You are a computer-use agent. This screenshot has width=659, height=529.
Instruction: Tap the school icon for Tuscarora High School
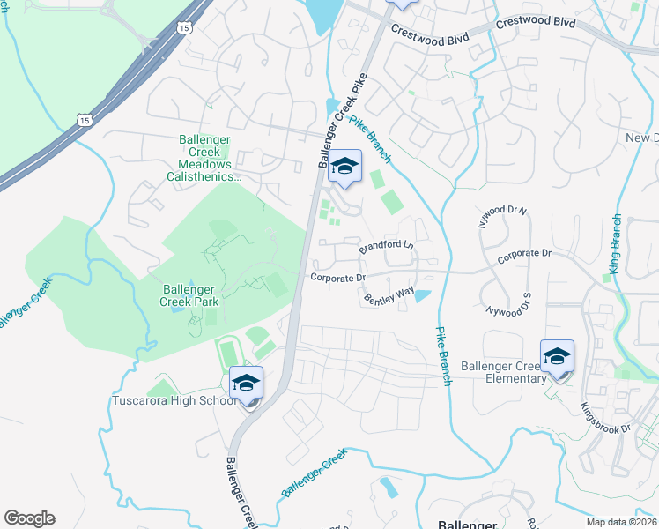coord(247,383)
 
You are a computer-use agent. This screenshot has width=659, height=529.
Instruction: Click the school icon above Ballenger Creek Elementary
coord(557,355)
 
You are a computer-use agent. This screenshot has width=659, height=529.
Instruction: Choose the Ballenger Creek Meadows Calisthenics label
coord(204,158)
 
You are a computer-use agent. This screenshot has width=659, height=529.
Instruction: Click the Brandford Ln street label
coord(386,246)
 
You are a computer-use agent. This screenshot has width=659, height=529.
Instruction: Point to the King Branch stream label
coord(617,244)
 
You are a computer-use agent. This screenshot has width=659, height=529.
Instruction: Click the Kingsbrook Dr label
coord(606,417)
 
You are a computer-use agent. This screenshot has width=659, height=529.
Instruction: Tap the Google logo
coord(29,518)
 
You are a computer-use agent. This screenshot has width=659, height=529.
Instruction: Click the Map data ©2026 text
coord(621,522)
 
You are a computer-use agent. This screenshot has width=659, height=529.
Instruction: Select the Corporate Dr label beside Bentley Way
coord(337,278)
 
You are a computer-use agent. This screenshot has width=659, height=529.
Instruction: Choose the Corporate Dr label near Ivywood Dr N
coord(523,253)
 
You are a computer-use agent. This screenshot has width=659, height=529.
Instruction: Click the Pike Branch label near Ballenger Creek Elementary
coord(443,356)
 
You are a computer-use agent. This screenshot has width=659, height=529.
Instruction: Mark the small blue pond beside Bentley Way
coord(422,294)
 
